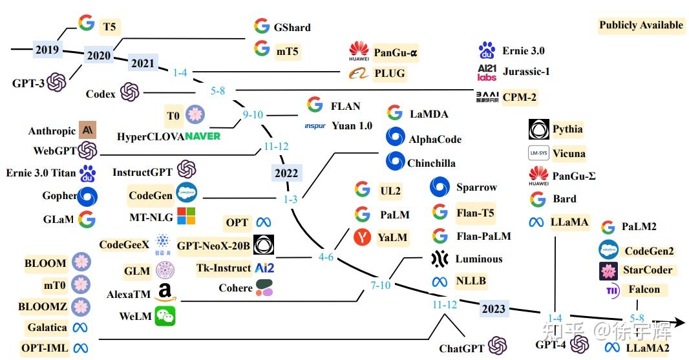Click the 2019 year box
coord(47,49)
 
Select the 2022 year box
coord(286,173)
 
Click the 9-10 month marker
coord(253,114)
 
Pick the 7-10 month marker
coord(381,285)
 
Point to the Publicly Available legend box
coord(641,25)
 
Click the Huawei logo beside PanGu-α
coord(359,51)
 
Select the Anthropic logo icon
coord(87,130)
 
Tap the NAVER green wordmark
coord(193,136)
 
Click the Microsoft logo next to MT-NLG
coord(185,216)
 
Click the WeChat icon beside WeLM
coord(165,316)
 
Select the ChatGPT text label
coord(461,348)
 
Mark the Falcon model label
coord(644,289)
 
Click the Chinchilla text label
coord(431,164)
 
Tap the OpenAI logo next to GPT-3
coord(57,82)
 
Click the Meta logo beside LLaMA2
coord(612,348)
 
